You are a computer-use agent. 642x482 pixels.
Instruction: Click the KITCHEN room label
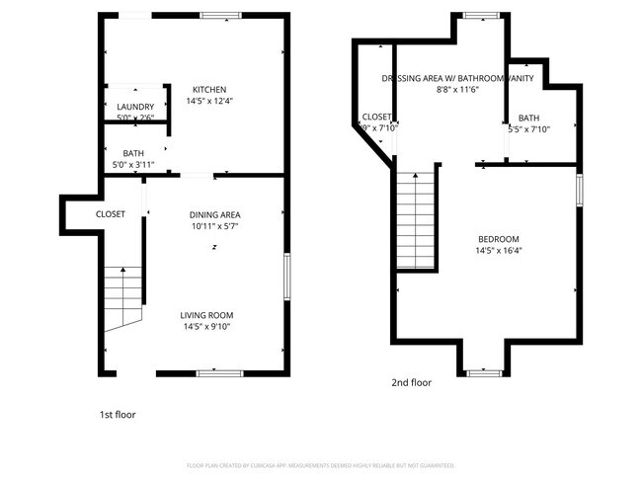click(208, 89)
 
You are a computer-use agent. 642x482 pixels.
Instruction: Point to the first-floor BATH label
click(133, 153)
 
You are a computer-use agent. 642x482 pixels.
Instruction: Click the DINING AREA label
click(214, 214)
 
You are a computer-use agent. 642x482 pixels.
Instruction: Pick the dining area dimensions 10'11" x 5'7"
click(214, 226)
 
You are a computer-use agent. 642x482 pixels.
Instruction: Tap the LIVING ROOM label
click(206, 315)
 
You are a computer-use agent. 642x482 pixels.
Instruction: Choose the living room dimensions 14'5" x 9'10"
click(206, 327)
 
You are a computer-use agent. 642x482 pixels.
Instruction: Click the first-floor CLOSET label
click(110, 213)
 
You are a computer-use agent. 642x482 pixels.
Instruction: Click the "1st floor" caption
click(118, 415)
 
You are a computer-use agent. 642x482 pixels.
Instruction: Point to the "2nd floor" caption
click(411, 382)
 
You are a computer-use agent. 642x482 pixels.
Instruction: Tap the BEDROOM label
click(498, 239)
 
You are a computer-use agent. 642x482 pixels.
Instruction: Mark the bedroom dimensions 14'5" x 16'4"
click(498, 251)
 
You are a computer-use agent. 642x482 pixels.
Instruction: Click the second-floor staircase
click(415, 218)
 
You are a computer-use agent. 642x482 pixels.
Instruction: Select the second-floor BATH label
click(528, 118)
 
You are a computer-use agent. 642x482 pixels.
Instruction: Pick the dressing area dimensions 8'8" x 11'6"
click(457, 90)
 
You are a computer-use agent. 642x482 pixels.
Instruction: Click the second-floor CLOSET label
click(376, 117)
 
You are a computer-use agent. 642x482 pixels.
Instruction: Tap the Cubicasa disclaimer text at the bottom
click(320, 464)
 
